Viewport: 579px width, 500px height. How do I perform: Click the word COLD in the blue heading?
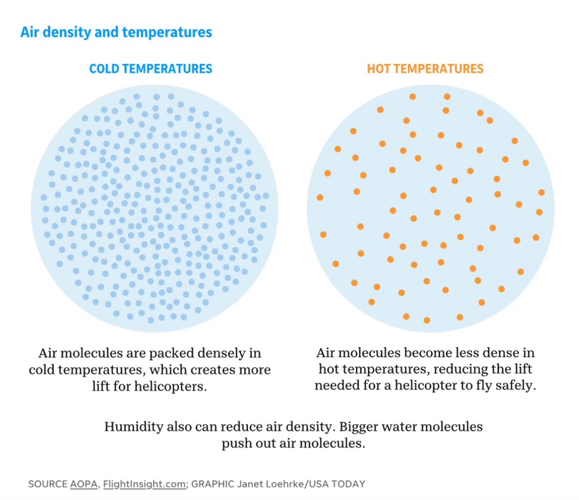pos(105,69)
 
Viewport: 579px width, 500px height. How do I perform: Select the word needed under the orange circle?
pos(338,385)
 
